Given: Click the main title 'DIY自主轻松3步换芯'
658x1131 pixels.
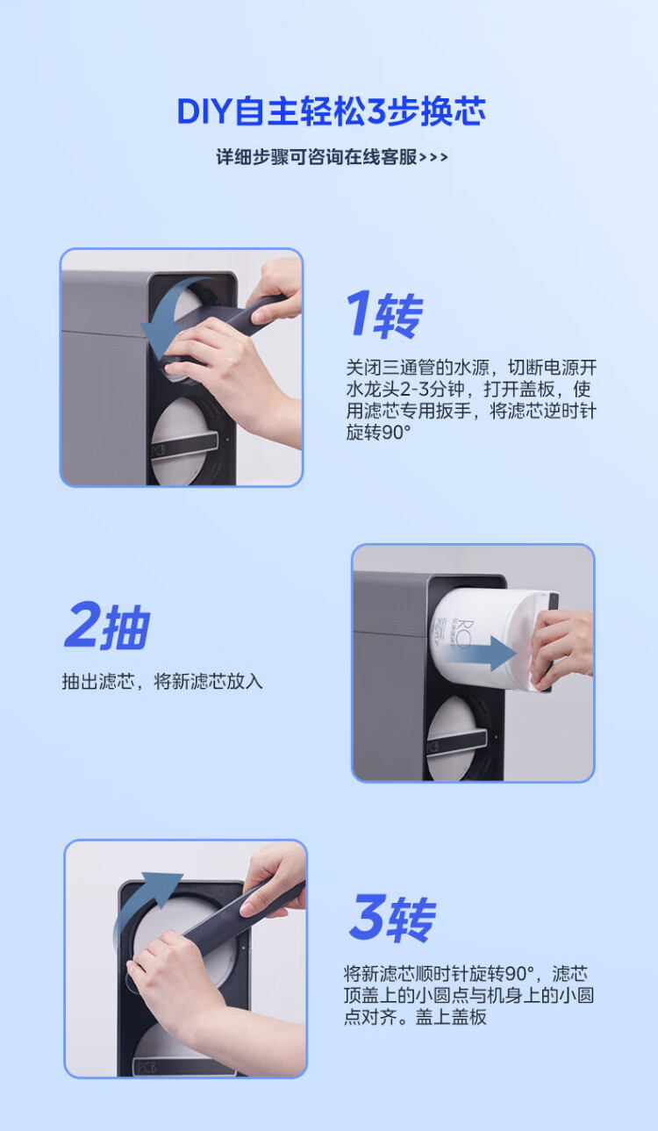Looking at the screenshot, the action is (x=332, y=111).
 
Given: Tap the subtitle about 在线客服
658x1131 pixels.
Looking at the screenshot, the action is (x=332, y=157).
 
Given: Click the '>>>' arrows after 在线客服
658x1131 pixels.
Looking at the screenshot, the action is (x=433, y=158).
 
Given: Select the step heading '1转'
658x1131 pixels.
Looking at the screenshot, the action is (x=385, y=314).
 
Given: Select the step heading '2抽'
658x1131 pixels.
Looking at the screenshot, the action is (x=107, y=625).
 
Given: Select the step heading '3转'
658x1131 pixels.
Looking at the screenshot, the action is (x=392, y=918).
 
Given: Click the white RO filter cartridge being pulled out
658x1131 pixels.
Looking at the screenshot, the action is (x=487, y=639).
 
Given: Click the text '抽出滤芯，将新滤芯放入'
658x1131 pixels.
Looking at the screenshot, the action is (x=162, y=682).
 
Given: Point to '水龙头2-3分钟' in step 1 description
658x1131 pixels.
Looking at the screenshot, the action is (x=405, y=390).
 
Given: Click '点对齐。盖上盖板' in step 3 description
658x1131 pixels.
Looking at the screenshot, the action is (x=415, y=1017).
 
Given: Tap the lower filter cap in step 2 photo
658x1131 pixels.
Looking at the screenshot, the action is (x=457, y=738).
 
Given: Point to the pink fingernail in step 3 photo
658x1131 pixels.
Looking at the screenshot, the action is (x=247, y=909).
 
